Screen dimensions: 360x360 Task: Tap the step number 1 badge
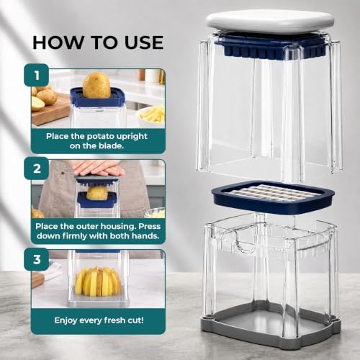[x=37, y=75]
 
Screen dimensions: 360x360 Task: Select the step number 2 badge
[x=37, y=168]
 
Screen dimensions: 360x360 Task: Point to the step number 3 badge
[x=37, y=259]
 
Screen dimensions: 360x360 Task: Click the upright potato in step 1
[x=96, y=86]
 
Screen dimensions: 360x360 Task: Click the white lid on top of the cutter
[x=270, y=21]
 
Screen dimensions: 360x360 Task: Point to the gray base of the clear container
[x=271, y=323]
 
